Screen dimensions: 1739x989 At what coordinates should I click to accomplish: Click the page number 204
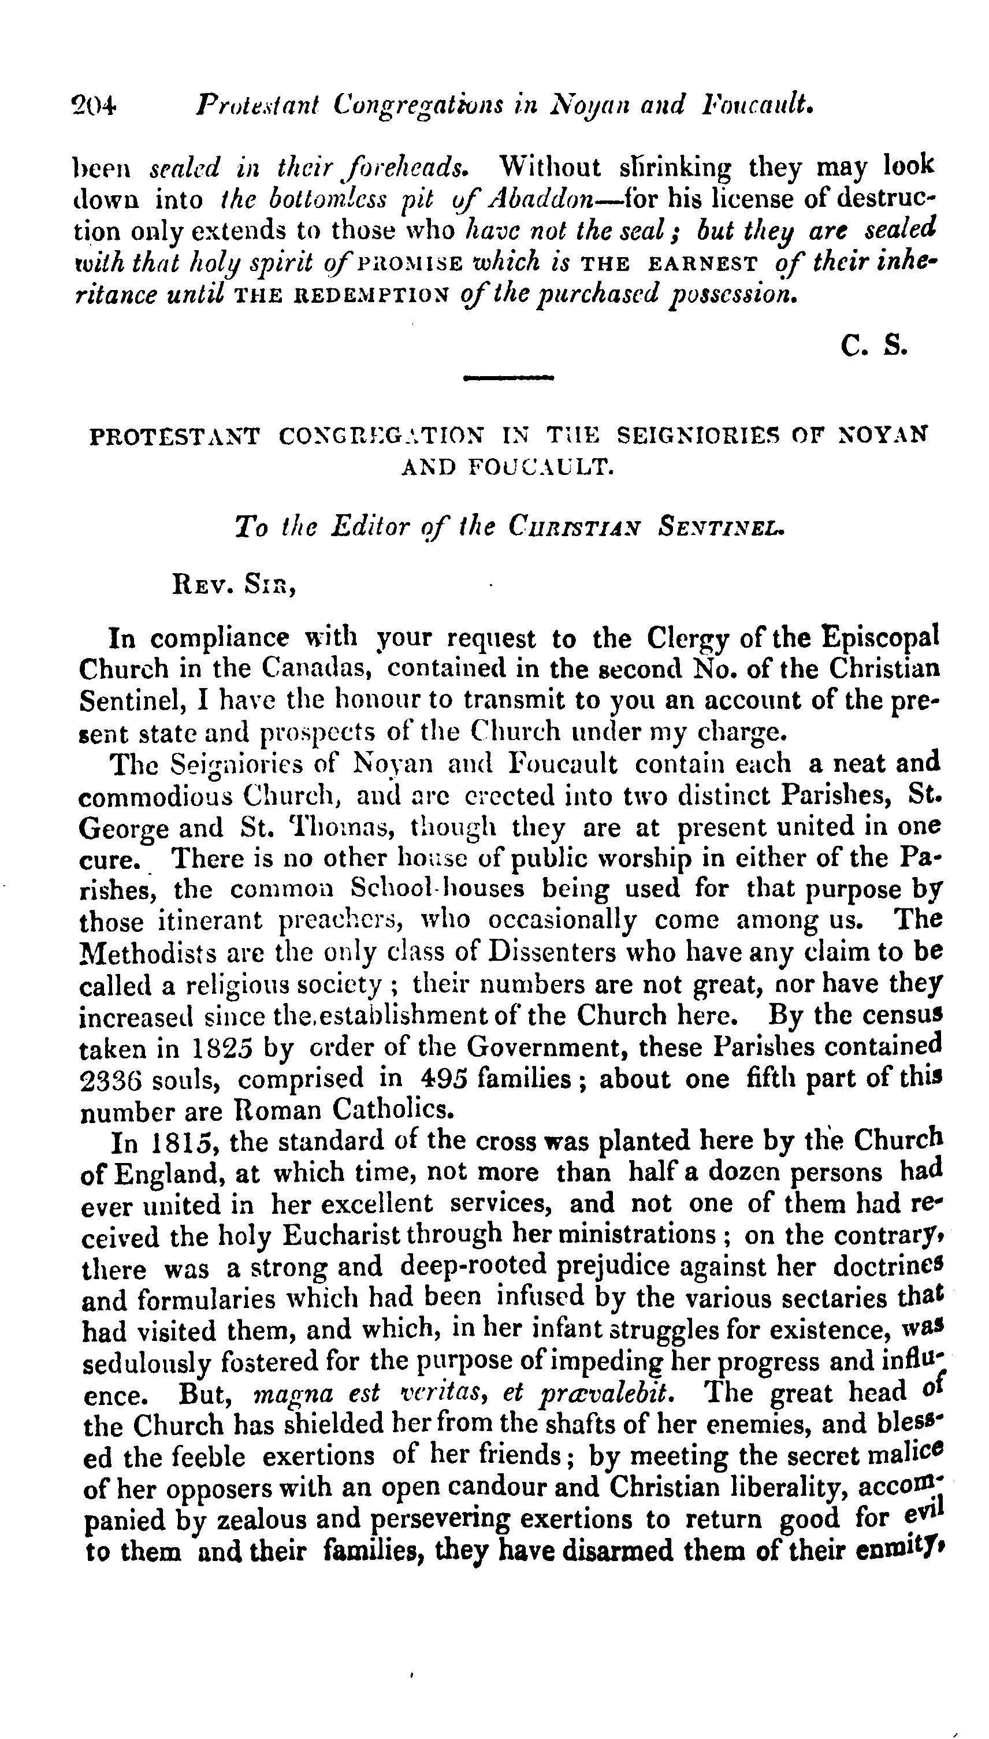pos(94,106)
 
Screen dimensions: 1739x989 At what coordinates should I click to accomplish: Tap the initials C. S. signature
pos(873,347)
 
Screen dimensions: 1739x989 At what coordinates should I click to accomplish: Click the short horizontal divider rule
pos(508,378)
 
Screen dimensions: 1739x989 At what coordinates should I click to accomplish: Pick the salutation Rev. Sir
pos(235,585)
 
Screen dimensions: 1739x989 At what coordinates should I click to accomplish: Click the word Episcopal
pos(881,638)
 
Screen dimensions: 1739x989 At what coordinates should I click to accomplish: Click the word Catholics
pos(393,1110)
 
